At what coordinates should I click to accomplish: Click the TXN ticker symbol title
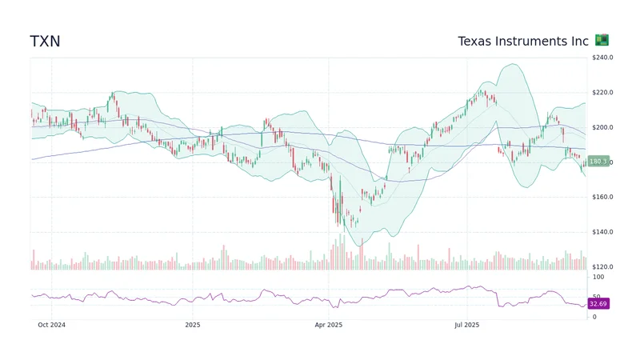point(45,41)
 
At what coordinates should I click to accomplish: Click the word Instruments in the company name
point(531,41)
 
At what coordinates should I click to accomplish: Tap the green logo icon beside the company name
point(602,40)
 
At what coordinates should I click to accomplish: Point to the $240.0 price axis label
point(602,58)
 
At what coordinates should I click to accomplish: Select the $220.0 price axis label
point(602,93)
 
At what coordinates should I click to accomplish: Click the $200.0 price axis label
point(602,128)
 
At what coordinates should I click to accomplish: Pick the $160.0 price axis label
point(602,198)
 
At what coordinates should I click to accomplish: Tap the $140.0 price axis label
point(602,233)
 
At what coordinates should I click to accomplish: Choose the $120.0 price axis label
point(602,267)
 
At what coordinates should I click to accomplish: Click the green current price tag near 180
point(598,162)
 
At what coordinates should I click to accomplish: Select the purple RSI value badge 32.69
point(598,304)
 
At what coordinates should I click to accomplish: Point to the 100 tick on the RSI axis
point(598,277)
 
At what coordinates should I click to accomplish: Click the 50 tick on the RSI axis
point(596,297)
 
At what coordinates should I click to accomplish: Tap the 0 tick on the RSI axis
point(594,317)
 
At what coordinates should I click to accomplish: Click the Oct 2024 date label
point(51,325)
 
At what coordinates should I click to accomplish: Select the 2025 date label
point(192,325)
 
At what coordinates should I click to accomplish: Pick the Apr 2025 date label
point(329,325)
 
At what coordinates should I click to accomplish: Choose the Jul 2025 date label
point(466,325)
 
